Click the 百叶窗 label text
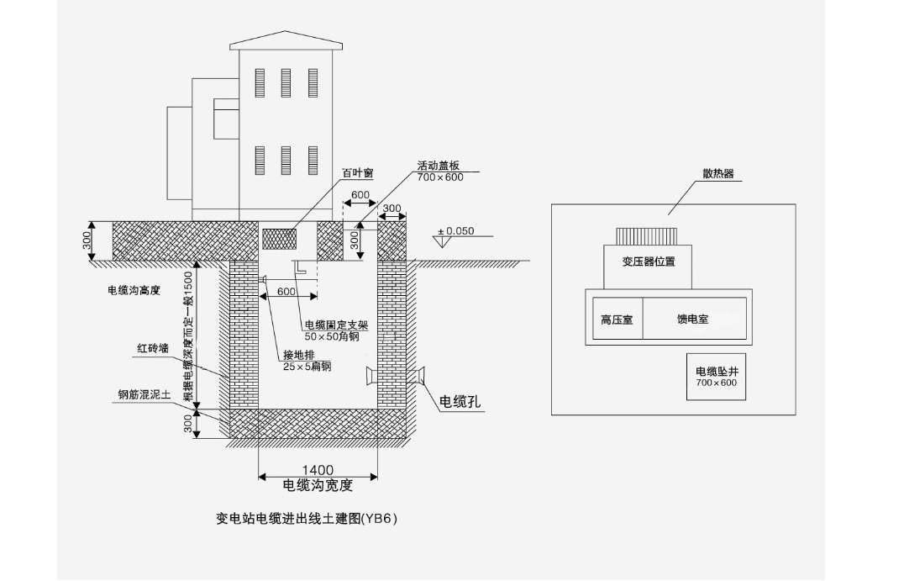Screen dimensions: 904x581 coord(357,173)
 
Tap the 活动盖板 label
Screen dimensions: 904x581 coord(439,166)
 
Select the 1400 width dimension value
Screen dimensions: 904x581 coord(318,470)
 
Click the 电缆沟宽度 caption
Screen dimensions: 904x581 coord(318,486)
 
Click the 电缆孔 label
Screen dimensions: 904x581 coord(460,402)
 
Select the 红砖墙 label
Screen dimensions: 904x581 coord(153,348)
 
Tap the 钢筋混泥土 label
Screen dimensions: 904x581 coord(145,394)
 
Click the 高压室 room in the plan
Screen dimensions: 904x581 coord(618,319)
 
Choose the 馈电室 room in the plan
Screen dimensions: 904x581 coord(694,319)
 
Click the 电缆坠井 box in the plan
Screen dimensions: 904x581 coord(716,377)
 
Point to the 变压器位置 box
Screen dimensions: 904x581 coord(648,267)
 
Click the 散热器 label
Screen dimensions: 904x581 coord(717,174)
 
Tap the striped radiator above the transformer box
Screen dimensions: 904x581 coord(647,236)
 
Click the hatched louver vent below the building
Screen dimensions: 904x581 coord(280,239)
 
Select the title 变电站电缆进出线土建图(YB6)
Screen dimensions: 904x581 coord(307,518)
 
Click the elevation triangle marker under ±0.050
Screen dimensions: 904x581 coord(442,242)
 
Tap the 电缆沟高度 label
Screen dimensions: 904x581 coord(134,290)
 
